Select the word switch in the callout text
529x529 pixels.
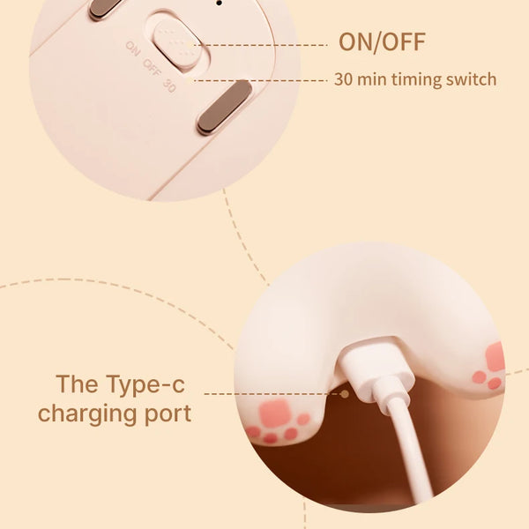[473, 79]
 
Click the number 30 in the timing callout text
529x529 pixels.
[343, 79]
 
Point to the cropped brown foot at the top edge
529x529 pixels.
[104, 8]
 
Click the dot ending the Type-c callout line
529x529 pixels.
[345, 394]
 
